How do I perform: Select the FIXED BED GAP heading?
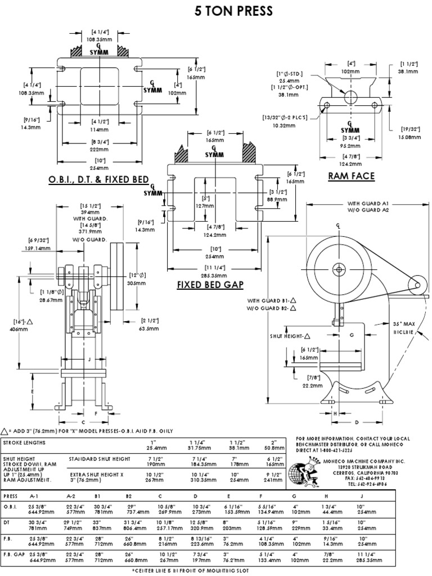210,285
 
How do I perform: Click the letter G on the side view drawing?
351,336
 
